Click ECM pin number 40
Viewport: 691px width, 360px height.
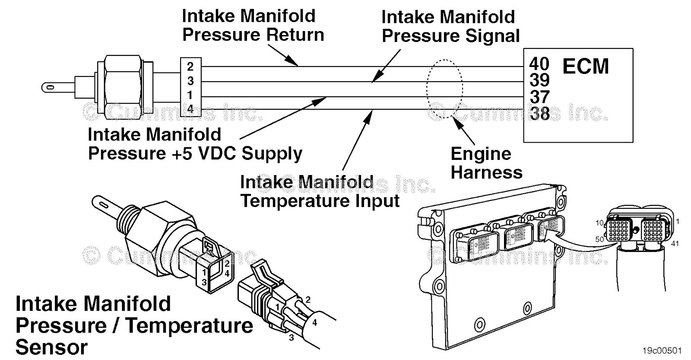coord(539,64)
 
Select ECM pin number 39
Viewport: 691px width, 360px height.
coord(539,80)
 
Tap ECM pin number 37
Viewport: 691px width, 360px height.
coord(539,97)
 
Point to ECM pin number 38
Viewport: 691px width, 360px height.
coord(539,113)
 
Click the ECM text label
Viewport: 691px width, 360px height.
coord(585,67)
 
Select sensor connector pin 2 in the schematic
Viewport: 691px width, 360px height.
coord(190,67)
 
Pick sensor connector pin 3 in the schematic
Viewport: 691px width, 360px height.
coord(190,81)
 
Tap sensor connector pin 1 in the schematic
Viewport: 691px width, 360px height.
coord(190,95)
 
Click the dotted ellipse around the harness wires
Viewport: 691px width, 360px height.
coord(444,89)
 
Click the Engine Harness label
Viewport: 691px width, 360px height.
coord(486,163)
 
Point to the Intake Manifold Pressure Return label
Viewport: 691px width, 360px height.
coord(253,25)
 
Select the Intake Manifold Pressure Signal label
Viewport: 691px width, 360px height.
coord(450,27)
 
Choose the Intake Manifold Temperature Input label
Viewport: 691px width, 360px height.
coord(320,191)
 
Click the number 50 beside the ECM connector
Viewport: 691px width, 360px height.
coord(599,239)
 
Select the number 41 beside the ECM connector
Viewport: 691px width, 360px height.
coord(675,244)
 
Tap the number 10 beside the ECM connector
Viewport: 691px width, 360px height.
coord(599,223)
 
